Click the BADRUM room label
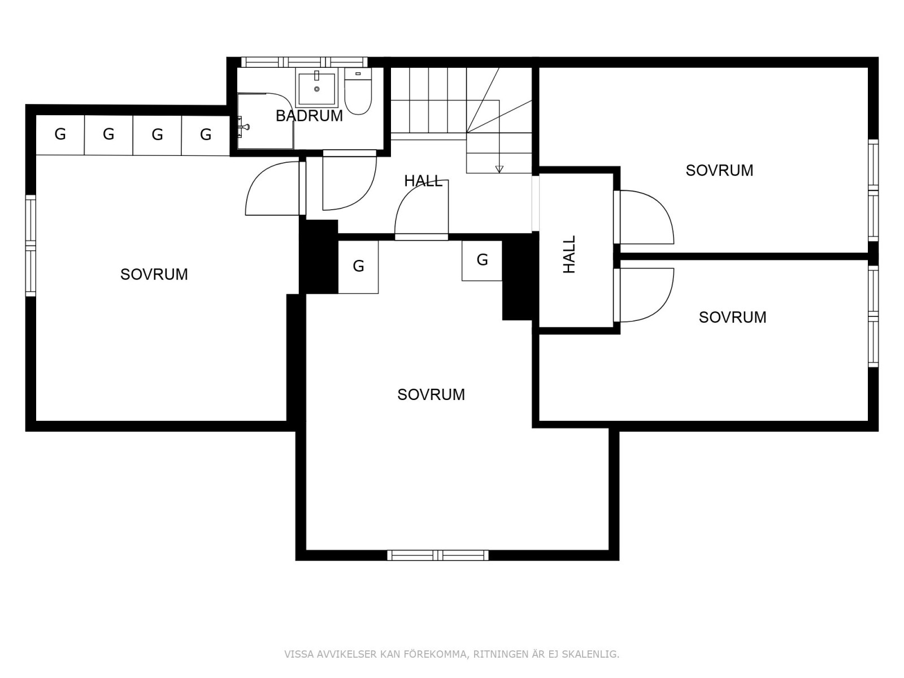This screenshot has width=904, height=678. pyautogui.click(x=309, y=116)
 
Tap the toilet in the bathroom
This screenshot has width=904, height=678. pyautogui.click(x=358, y=92)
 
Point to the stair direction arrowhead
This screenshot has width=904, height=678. pyautogui.click(x=499, y=169)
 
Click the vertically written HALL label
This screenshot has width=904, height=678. pyautogui.click(x=569, y=254)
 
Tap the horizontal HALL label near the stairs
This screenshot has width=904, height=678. pyautogui.click(x=423, y=181)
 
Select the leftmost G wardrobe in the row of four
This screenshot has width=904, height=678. pyautogui.click(x=60, y=134)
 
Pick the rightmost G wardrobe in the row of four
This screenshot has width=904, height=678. pyautogui.click(x=206, y=134)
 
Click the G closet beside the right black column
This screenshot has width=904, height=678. pyautogui.click(x=482, y=260)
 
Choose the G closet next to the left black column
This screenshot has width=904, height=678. pyautogui.click(x=358, y=267)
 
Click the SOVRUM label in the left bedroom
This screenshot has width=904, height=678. pyautogui.click(x=154, y=275)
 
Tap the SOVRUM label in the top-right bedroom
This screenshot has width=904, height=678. pyautogui.click(x=719, y=171)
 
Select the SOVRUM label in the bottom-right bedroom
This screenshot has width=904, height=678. pyautogui.click(x=732, y=318)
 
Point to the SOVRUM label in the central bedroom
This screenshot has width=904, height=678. pyautogui.click(x=431, y=395)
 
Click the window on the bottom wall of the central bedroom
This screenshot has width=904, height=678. pyautogui.click(x=438, y=555)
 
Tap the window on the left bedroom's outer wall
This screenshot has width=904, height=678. pyautogui.click(x=31, y=245)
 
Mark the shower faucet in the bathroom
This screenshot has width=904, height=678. pyautogui.click(x=244, y=127)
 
